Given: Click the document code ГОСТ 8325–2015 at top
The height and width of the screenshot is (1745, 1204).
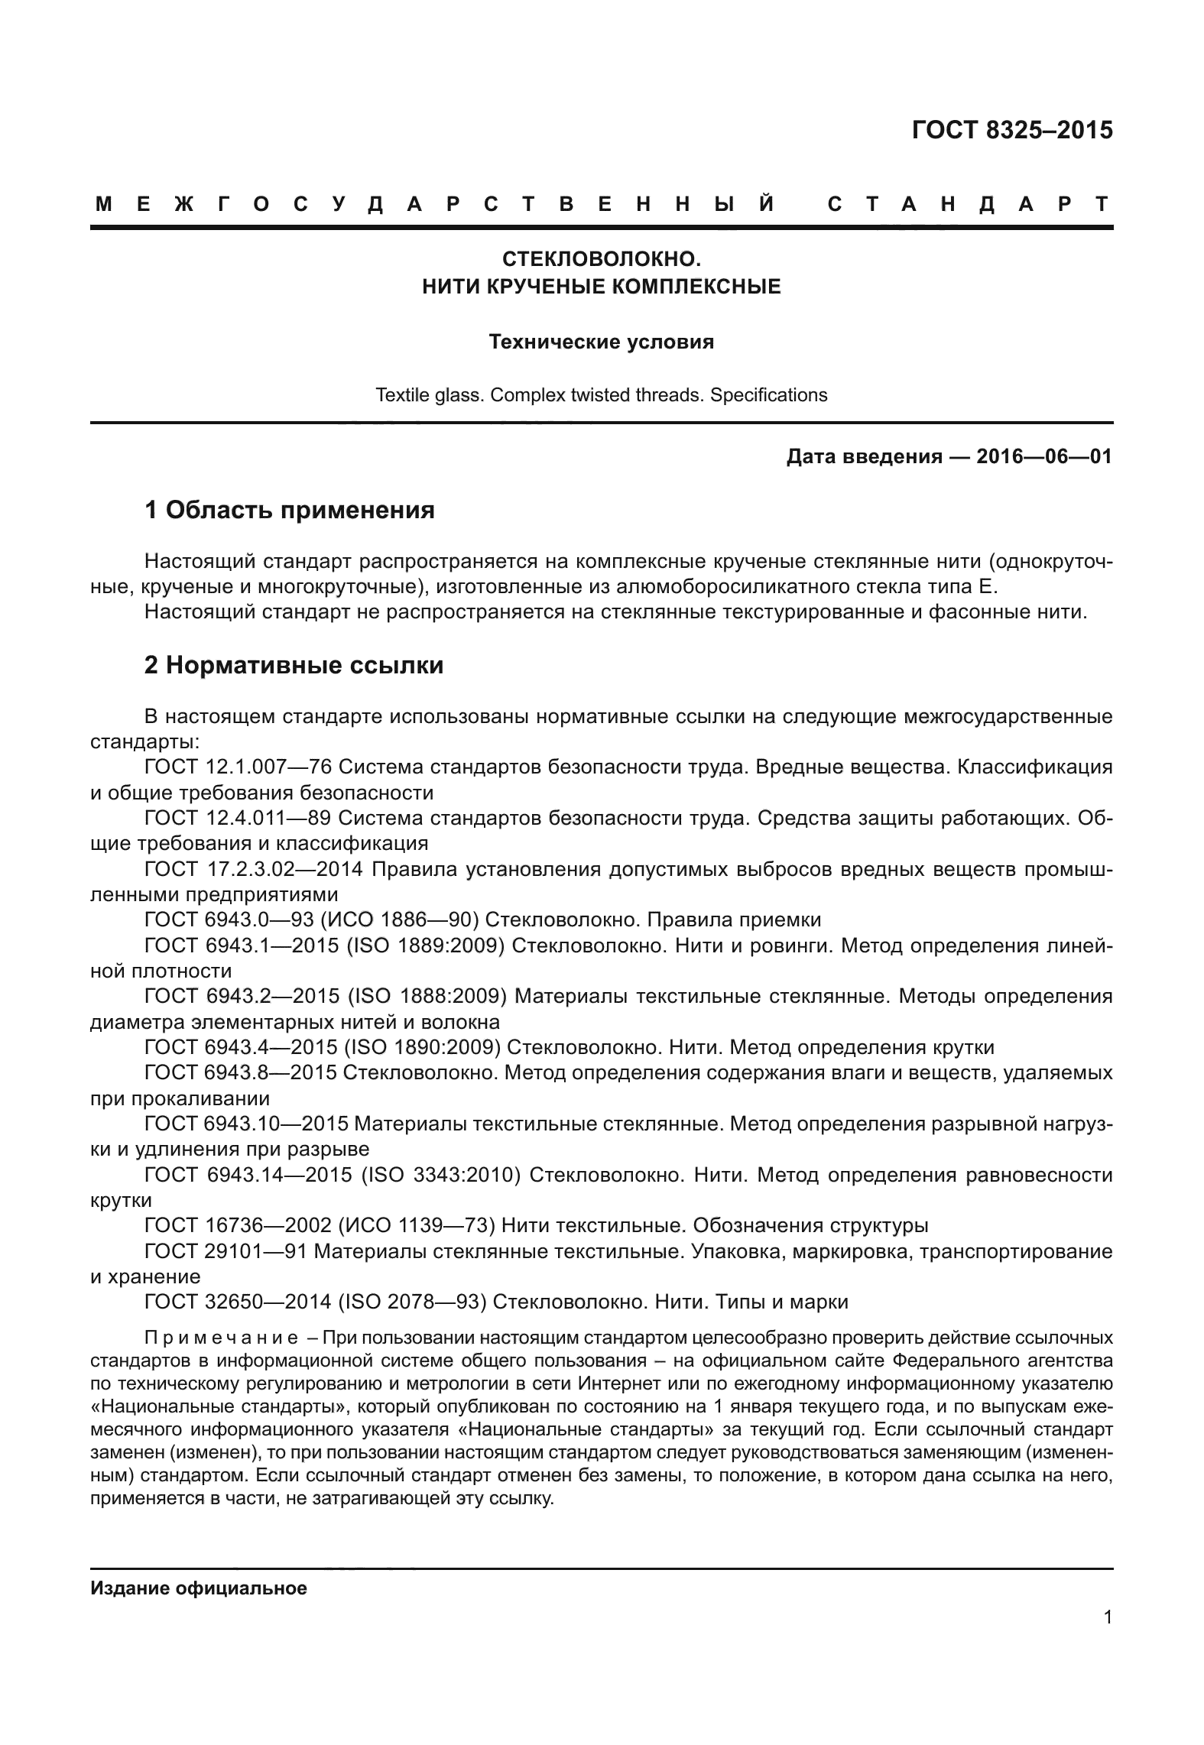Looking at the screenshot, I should tap(1012, 130).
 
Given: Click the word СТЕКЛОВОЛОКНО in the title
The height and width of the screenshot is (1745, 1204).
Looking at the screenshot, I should tap(602, 260).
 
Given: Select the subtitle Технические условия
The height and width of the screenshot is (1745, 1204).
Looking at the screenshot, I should tap(602, 342).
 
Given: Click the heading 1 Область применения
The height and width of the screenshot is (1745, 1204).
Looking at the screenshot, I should tap(290, 510).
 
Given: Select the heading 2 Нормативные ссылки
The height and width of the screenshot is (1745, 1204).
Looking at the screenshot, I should tap(294, 666).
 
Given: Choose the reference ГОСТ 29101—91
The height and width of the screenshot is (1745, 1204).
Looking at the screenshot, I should tap(226, 1251).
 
